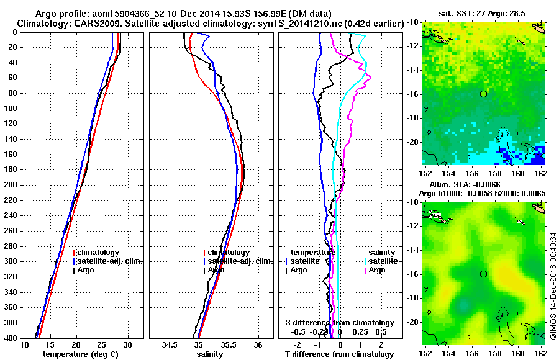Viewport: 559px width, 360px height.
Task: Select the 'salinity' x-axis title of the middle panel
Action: [x=209, y=354]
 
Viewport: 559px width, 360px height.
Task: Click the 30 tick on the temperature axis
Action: [x=127, y=344]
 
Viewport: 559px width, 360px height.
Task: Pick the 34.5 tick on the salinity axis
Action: [x=170, y=344]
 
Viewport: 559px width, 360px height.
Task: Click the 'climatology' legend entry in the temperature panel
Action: [x=98, y=253]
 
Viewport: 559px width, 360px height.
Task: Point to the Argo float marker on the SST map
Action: [x=483, y=94]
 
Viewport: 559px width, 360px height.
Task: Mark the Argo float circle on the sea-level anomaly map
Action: [x=483, y=274]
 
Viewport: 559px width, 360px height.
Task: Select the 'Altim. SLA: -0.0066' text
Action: [x=460, y=185]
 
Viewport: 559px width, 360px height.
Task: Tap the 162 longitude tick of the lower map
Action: [x=541, y=353]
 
